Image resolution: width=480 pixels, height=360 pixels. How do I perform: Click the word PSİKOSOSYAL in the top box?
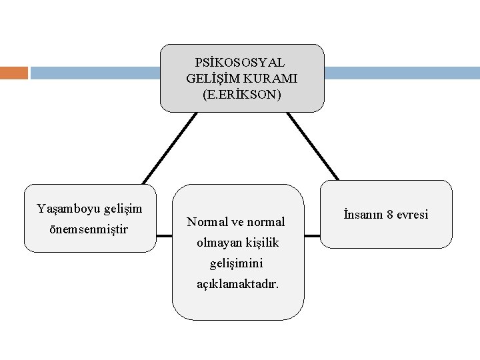(240, 62)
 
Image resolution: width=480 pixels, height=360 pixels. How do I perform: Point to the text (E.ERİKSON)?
(242, 95)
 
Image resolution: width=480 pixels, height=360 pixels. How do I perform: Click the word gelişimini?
(238, 263)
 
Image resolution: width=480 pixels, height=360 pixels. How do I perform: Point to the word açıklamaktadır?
(238, 284)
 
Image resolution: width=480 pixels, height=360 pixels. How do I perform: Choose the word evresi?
(414, 215)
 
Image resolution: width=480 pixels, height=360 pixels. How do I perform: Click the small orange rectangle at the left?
(14, 72)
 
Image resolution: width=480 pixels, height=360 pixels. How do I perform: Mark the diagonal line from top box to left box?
(169, 147)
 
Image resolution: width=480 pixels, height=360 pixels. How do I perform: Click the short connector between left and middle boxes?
(164, 234)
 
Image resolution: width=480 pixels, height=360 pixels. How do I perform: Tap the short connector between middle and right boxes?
(313, 235)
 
